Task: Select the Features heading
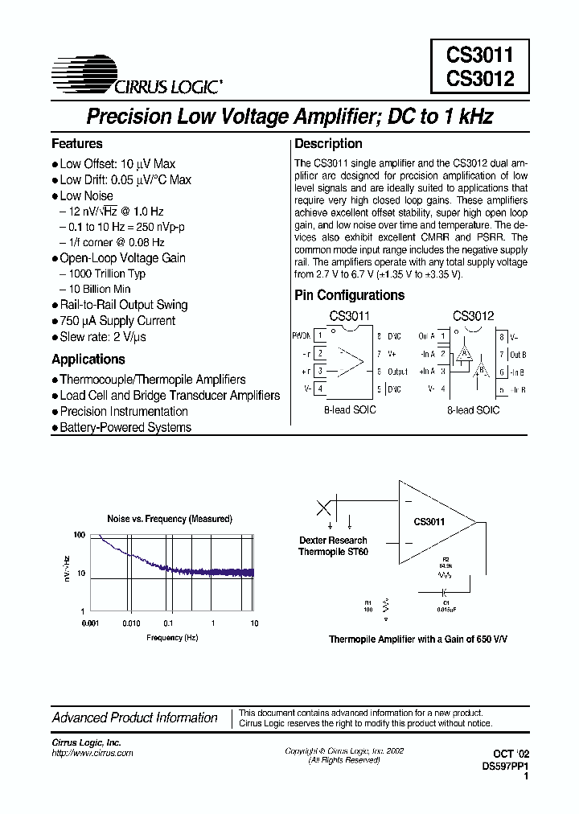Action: click(x=77, y=144)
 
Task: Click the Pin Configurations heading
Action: click(x=349, y=295)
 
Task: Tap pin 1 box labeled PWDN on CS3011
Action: click(x=320, y=335)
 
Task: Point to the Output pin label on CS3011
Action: click(x=398, y=372)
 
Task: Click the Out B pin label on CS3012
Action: click(x=518, y=354)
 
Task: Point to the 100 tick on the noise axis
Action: click(x=79, y=535)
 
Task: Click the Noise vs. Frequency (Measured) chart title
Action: click(x=170, y=519)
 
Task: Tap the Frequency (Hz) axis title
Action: click(x=172, y=638)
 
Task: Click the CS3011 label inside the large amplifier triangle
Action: click(x=429, y=521)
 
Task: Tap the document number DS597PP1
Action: click(x=506, y=767)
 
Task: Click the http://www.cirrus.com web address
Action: click(x=92, y=754)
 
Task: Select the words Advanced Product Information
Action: click(x=135, y=717)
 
